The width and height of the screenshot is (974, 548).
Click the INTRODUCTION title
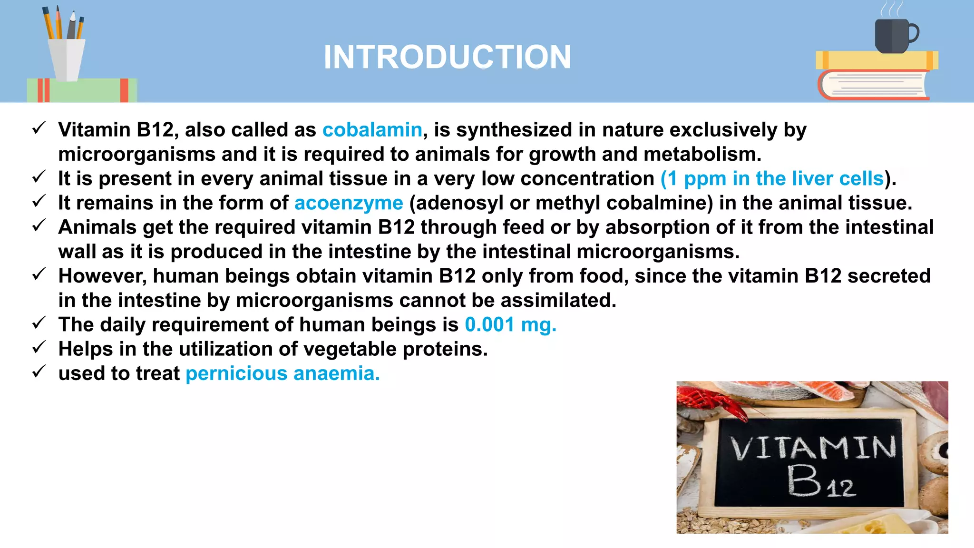click(x=447, y=57)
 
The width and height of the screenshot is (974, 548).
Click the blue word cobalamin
click(x=372, y=130)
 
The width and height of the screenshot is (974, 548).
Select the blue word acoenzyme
click(x=349, y=203)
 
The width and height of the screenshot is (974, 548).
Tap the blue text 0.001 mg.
click(x=510, y=325)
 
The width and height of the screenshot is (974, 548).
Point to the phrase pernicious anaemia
click(x=282, y=373)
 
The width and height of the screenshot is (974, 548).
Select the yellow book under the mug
click(x=877, y=60)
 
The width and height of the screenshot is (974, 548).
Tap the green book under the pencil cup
click(x=82, y=90)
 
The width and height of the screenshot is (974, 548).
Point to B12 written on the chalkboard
click(x=820, y=481)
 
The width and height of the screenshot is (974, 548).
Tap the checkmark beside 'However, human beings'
click(x=39, y=274)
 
